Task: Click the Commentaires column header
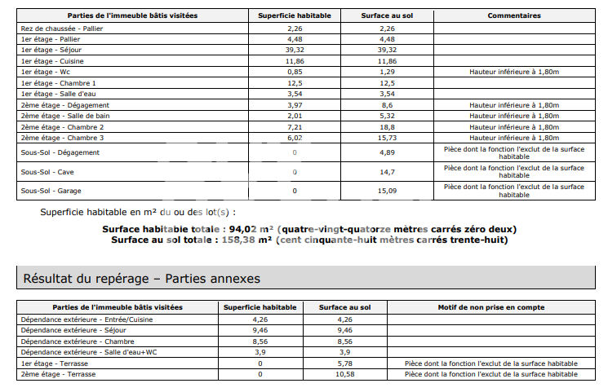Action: pos(514,15)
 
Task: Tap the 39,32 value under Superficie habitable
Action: pos(294,50)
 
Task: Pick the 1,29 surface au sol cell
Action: pos(387,72)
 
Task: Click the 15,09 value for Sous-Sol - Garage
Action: pos(387,191)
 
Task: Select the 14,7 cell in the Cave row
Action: pos(387,172)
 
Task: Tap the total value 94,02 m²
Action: pos(245,229)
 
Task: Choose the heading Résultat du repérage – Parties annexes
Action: pos(142,279)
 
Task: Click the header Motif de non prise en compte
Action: pos(490,307)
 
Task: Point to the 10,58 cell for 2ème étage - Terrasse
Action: pos(346,373)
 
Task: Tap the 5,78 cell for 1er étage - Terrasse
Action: pos(346,363)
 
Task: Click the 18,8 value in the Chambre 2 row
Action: pos(387,127)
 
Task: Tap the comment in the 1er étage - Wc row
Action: pos(514,72)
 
